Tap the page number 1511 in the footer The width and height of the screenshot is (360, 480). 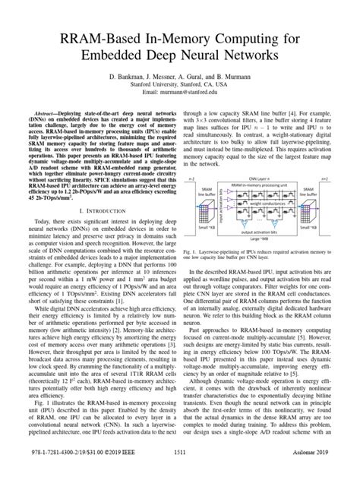[x=179, y=470]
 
